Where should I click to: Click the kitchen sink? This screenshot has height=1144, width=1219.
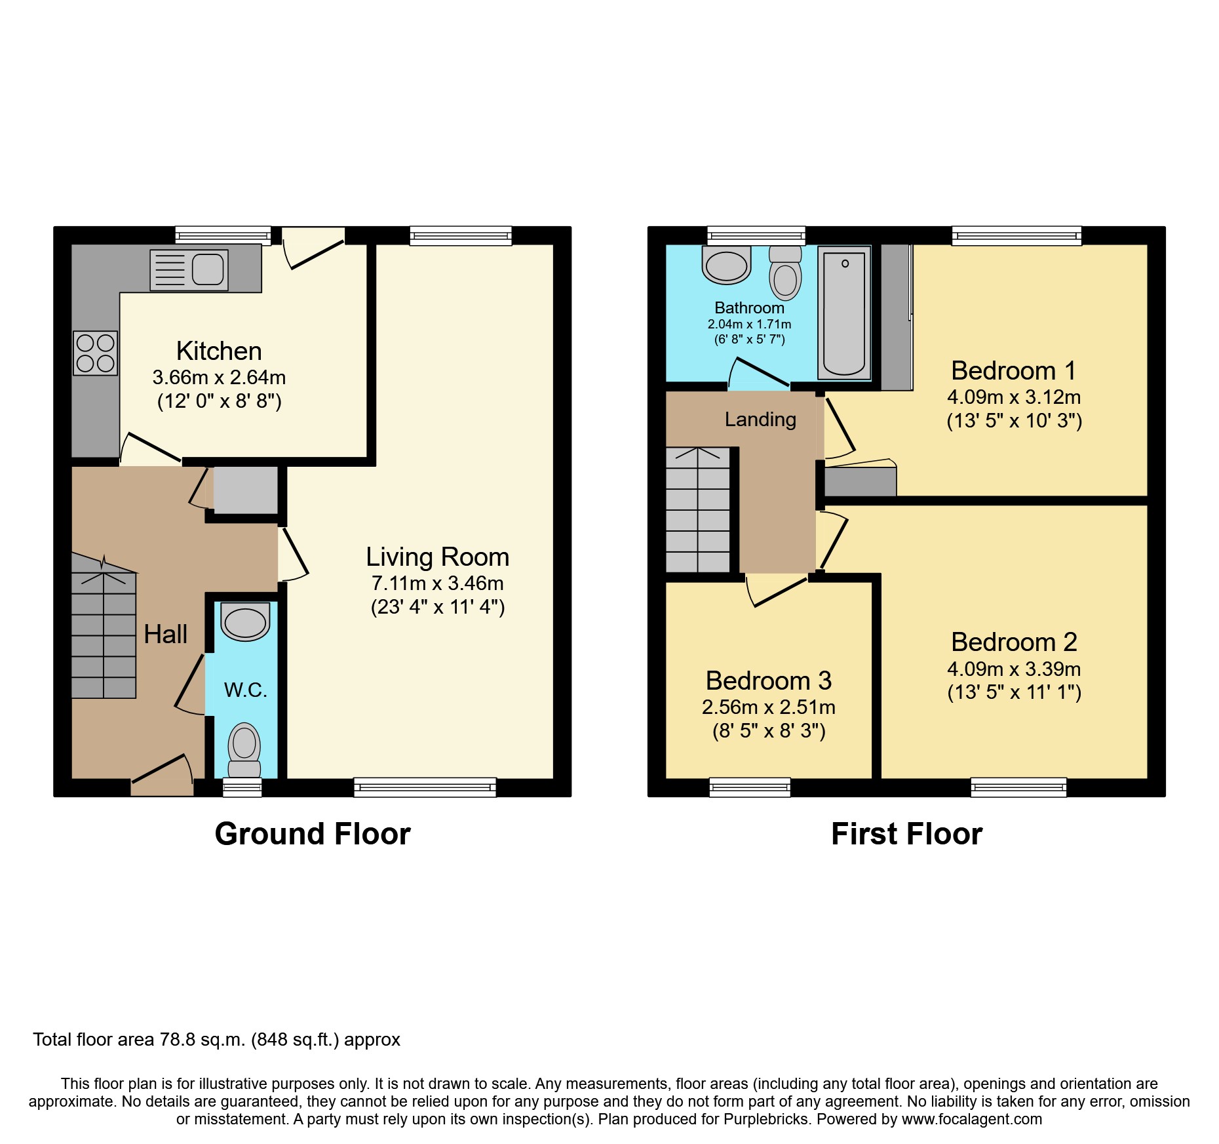tap(189, 269)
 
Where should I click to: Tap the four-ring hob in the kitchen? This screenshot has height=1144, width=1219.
tap(96, 353)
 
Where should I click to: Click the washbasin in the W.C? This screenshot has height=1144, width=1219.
tap(245, 621)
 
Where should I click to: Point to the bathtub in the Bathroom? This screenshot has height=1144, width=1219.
tap(844, 313)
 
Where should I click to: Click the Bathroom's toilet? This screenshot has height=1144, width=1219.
tap(785, 273)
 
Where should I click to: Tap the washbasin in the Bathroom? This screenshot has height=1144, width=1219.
tap(726, 266)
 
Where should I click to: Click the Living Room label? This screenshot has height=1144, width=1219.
tap(437, 557)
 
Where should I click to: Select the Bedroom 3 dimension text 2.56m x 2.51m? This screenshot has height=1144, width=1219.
tap(768, 707)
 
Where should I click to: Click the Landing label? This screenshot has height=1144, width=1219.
tap(760, 420)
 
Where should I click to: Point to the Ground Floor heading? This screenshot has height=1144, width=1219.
tap(313, 834)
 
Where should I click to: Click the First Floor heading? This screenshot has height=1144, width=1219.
tap(906, 834)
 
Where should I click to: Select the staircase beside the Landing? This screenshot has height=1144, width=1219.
tap(697, 510)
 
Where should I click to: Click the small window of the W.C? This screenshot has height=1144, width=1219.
tap(242, 787)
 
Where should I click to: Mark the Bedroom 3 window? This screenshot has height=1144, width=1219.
tap(750, 787)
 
